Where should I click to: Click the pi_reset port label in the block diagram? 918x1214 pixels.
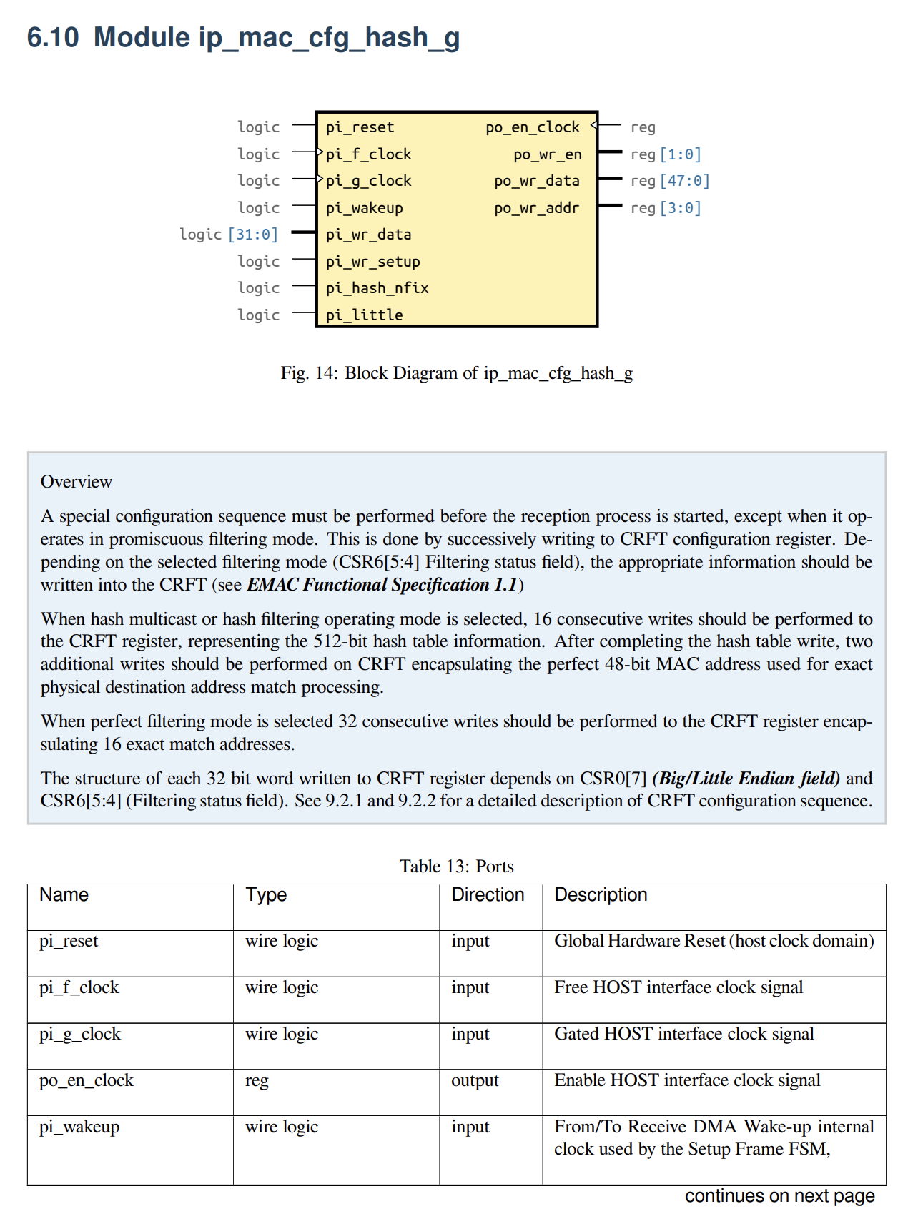click(360, 127)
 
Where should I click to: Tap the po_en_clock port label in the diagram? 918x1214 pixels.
click(532, 127)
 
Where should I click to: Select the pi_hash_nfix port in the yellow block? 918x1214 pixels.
click(377, 288)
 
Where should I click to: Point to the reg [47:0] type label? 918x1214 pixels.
click(670, 181)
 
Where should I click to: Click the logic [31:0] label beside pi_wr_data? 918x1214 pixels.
click(229, 235)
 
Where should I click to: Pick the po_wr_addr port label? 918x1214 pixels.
click(536, 208)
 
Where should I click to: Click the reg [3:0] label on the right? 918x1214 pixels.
click(666, 208)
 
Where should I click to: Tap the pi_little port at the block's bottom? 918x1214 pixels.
click(364, 315)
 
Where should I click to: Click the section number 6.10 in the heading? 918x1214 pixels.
click(52, 37)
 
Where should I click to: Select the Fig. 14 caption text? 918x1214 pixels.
click(456, 373)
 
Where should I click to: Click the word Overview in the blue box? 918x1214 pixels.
click(76, 482)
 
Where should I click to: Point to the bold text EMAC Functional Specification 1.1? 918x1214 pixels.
click(382, 585)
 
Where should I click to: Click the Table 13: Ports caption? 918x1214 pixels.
click(456, 867)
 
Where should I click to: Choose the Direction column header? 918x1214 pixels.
click(488, 895)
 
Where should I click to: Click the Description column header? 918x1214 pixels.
click(601, 895)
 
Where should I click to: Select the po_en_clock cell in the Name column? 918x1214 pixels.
click(87, 1080)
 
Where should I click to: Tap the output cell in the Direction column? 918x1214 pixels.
click(475, 1080)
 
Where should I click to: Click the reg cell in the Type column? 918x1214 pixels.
click(257, 1080)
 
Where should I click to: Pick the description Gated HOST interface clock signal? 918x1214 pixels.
click(684, 1034)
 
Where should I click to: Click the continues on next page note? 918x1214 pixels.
click(779, 1196)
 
